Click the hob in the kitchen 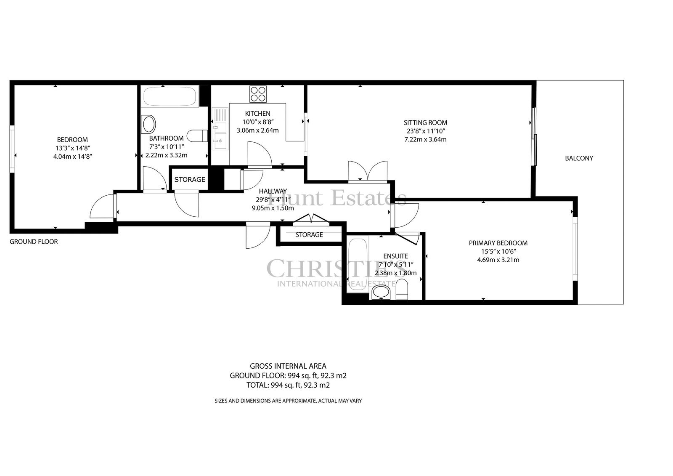pos(258,94)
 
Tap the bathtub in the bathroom pos(170,96)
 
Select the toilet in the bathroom pos(197,136)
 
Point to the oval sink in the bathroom pos(149,124)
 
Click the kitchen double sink pos(220,129)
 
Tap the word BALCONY pos(579,158)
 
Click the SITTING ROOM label pos(425,122)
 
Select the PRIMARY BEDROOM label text pos(498,243)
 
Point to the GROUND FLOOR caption pos(34,242)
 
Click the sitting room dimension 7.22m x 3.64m pos(425,140)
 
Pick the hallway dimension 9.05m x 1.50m pos(273,208)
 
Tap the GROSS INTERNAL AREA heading pos(288,366)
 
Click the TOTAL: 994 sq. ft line pos(288,385)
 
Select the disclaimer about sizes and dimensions pos(288,401)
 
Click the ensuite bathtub pos(358,264)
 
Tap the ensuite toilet pos(402,289)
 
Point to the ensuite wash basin pos(381,293)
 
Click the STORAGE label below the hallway pos(309,234)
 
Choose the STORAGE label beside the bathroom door pos(190,180)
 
